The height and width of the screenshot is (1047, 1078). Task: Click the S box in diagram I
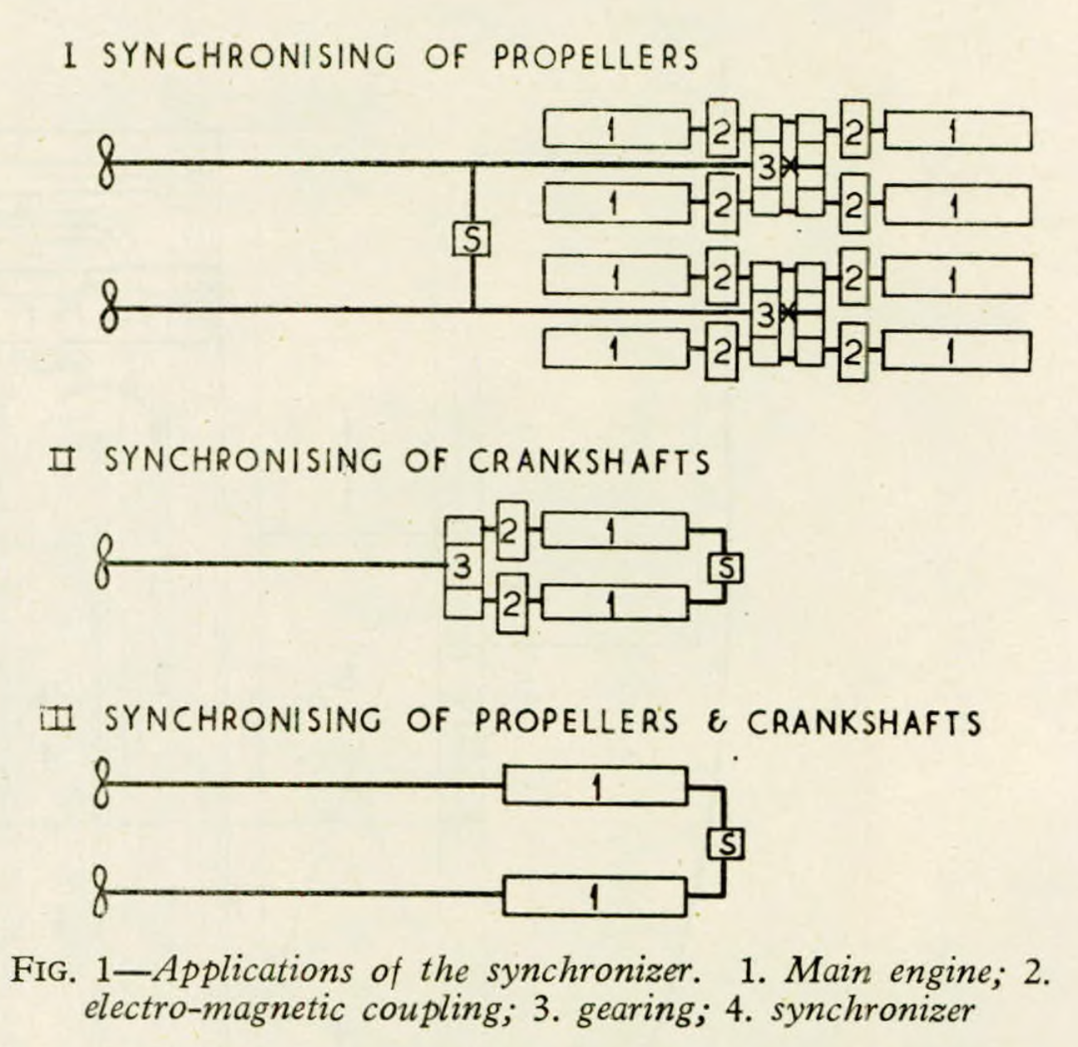point(471,240)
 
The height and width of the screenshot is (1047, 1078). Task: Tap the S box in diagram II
point(724,568)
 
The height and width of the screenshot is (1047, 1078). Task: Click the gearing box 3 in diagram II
point(462,567)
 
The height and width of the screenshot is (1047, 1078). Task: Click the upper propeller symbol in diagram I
point(106,162)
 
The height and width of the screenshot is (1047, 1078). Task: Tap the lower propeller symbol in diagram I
point(106,307)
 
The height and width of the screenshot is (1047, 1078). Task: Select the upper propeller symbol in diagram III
point(101,782)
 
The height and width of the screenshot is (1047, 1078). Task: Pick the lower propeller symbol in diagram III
point(101,892)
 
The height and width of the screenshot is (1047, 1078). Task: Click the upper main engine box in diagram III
point(596,786)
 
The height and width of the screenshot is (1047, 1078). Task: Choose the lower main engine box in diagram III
point(596,896)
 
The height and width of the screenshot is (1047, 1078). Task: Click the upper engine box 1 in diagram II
point(614,530)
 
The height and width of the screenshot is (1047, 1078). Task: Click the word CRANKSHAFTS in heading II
point(589,462)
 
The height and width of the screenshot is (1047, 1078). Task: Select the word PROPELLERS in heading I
point(596,57)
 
